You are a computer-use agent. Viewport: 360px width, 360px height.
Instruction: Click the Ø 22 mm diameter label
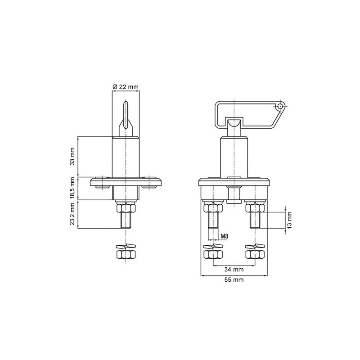pos(126,86)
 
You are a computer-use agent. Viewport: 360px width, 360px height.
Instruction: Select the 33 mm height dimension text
pos(72,156)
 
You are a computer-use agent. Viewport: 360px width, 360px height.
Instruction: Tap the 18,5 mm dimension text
pos(72,188)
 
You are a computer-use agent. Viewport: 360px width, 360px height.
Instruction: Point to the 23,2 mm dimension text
pos(72,215)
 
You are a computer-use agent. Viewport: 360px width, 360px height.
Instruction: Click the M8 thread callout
pos(225,236)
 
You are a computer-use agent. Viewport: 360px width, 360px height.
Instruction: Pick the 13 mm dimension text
pos(290,219)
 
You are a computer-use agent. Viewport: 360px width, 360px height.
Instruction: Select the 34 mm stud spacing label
pos(234,270)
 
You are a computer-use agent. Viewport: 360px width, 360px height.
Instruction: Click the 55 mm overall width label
pos(234,280)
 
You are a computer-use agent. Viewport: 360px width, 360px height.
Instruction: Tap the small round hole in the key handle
pos(280,106)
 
